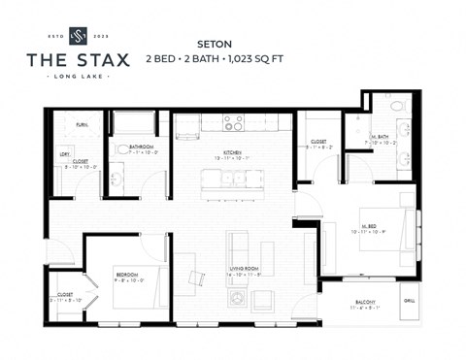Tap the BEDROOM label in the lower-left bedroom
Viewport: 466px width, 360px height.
point(127,275)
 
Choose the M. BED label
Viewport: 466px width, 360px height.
point(370,228)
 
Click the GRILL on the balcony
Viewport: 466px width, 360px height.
point(409,301)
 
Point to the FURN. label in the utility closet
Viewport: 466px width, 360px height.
point(82,125)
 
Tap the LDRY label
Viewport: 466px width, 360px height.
point(64,153)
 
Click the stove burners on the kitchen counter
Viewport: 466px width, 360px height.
point(233,122)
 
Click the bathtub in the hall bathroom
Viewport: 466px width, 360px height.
point(135,123)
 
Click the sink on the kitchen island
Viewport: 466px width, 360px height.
point(232,179)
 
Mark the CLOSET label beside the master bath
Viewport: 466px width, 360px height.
point(318,141)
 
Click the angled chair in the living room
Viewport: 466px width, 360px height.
point(197,279)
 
